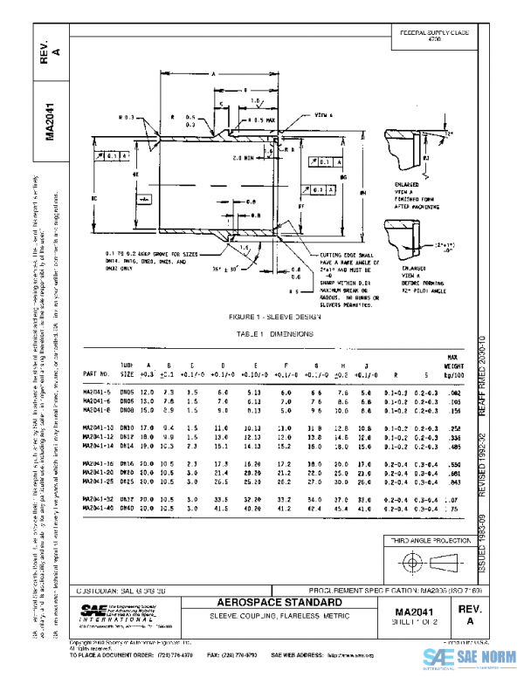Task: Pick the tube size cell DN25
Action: pos(128,480)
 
